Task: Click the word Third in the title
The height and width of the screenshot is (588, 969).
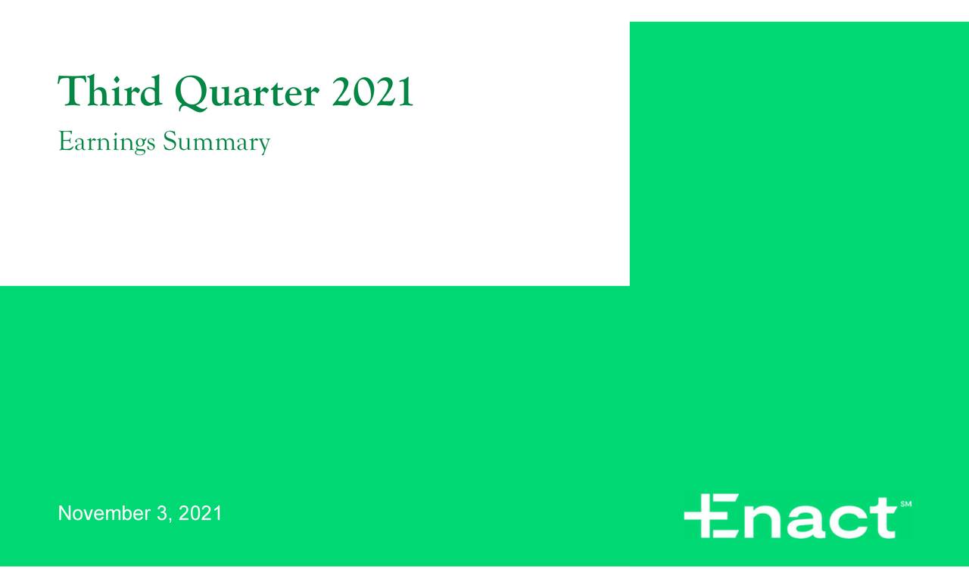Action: point(111,92)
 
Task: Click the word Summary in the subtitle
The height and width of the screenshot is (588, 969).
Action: point(216,142)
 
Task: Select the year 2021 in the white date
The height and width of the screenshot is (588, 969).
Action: point(201,514)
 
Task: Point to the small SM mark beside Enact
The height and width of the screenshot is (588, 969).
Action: point(906,504)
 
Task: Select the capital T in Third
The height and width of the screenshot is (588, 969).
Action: point(70,92)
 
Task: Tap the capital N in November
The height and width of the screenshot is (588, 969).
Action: point(65,514)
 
